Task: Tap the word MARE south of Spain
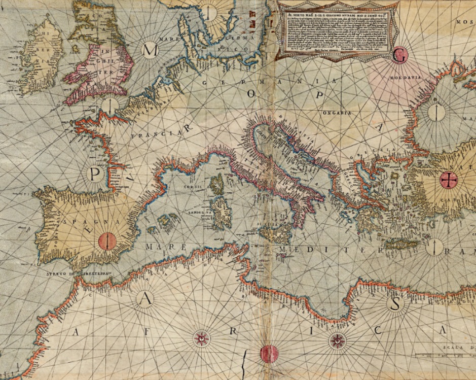pos(157,247)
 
